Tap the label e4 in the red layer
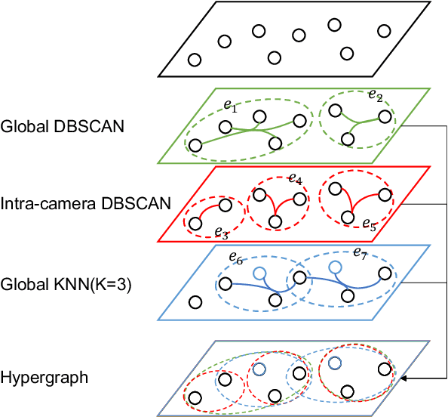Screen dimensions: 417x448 pos(295,181)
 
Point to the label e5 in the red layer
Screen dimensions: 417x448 pos(370,225)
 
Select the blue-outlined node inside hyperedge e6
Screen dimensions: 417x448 pos(259,273)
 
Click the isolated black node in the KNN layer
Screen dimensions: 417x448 pos(195,303)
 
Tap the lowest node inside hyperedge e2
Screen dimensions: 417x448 pos(347,138)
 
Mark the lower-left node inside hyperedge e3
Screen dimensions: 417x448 pos(195,224)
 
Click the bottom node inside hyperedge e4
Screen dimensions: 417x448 pos(275,222)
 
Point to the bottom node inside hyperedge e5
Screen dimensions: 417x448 pos(347,217)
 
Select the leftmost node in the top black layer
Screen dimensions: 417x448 pos(195,60)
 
